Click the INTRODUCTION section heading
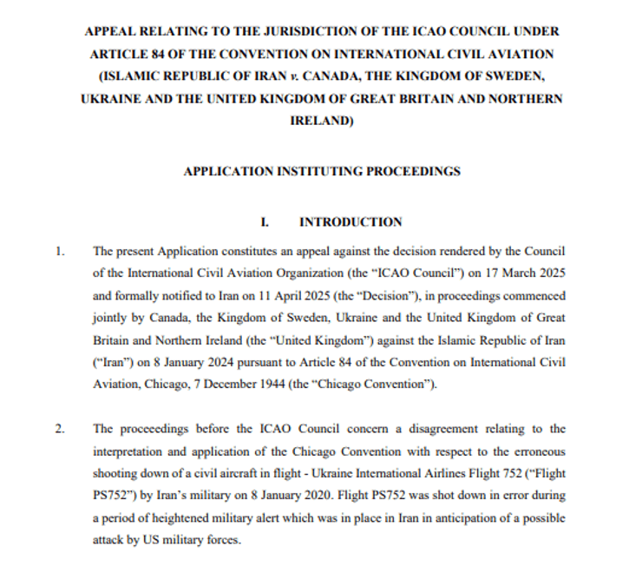click(350, 222)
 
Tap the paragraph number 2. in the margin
click(60, 428)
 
